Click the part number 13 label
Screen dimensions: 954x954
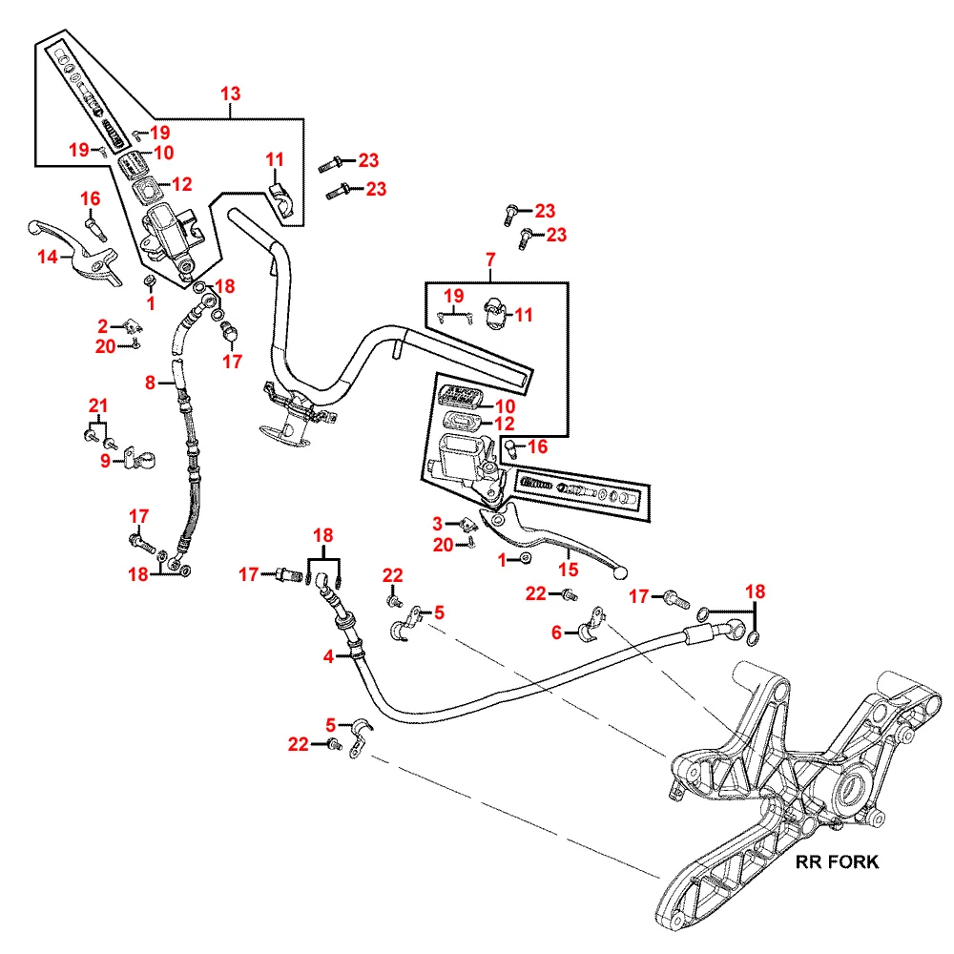(x=231, y=93)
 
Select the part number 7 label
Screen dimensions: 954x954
(x=490, y=259)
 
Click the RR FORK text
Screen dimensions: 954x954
(x=837, y=862)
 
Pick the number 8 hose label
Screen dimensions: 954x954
(x=150, y=384)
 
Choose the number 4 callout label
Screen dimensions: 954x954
(x=328, y=656)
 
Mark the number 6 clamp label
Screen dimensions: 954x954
(x=556, y=632)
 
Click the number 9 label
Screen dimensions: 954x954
(x=106, y=463)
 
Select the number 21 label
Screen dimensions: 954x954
(x=96, y=404)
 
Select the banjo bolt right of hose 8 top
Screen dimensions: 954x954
(x=228, y=333)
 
